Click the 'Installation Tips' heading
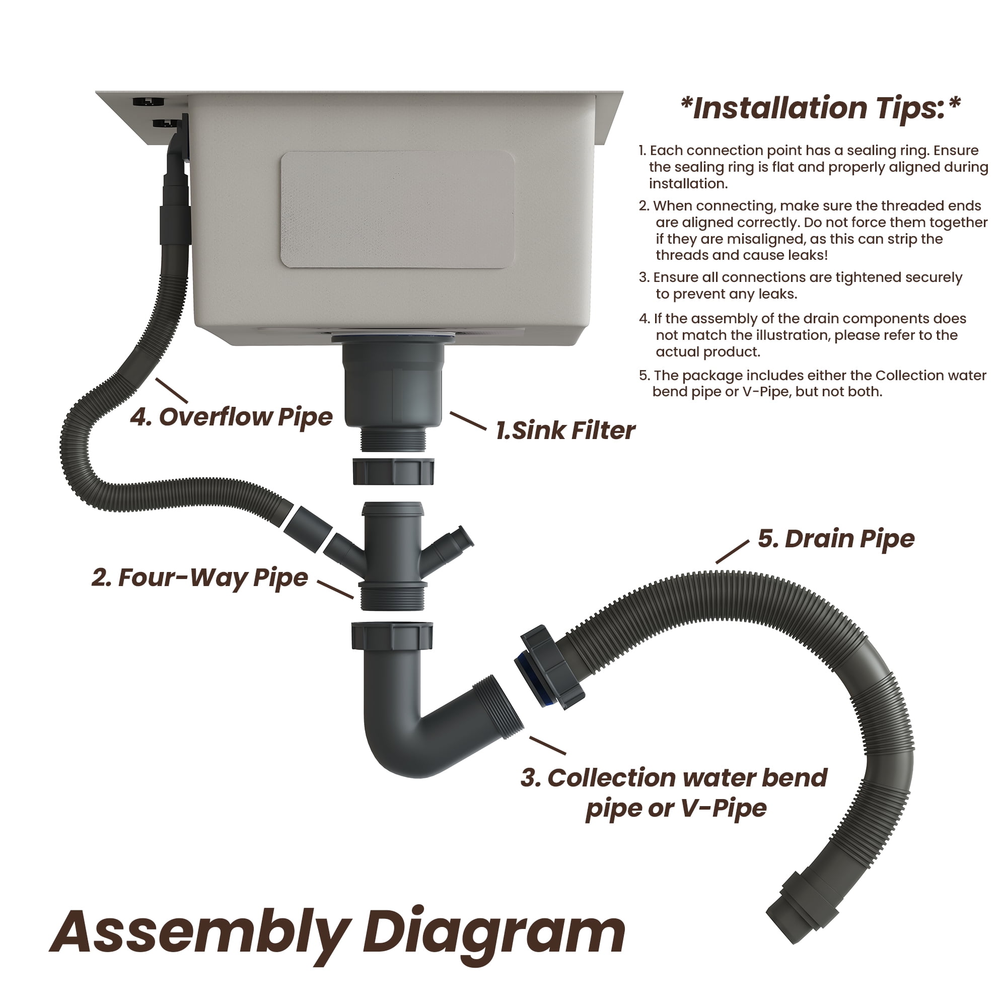coord(820,108)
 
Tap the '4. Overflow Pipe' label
coord(231,417)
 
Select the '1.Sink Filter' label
coord(565,430)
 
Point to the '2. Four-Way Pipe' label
coord(199,578)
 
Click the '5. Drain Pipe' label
coord(836,538)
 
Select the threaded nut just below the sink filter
coord(394,471)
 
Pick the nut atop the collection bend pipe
coord(392,635)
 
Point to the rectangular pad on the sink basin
coord(397,209)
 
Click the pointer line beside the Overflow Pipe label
coord(172,390)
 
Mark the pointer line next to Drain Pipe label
coord(732,552)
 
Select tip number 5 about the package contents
coord(813,383)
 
